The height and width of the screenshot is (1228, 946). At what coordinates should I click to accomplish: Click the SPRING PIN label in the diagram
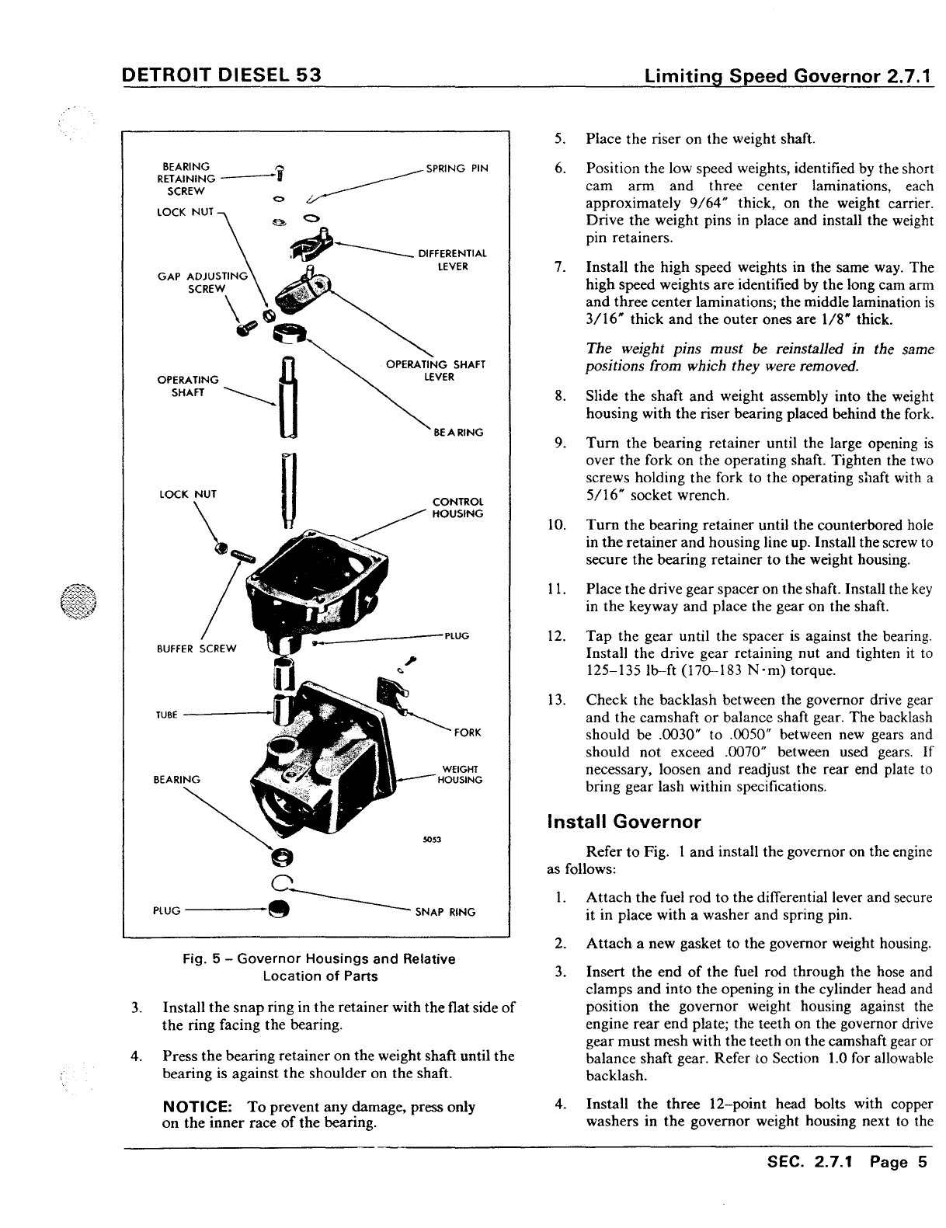[457, 168]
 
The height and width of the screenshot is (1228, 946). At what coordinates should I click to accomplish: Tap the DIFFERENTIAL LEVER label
[452, 259]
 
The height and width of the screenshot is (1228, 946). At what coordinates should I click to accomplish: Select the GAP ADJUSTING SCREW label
[202, 282]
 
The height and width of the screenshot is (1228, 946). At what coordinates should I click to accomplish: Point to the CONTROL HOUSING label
[457, 507]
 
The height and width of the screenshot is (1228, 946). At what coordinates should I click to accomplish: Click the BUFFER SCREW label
[196, 649]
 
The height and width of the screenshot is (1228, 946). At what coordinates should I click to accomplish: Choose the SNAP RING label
[445, 912]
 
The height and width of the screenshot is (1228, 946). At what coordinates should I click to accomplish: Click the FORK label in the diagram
[468, 732]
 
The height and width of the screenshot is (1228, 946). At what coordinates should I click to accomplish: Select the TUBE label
[167, 715]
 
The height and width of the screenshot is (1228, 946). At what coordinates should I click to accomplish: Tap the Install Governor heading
[624, 822]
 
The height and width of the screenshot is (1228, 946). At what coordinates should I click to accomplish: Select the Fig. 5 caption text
[319, 967]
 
